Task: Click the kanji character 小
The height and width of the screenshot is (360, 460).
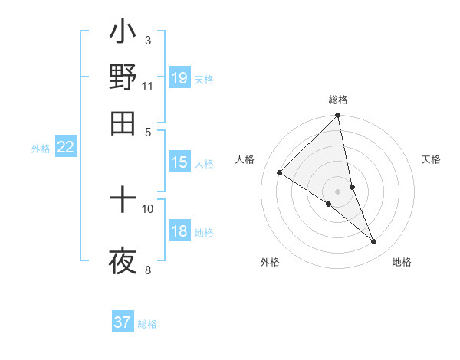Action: (123, 34)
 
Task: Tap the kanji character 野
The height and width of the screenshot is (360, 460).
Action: (123, 77)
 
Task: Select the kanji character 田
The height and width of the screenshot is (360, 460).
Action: (123, 122)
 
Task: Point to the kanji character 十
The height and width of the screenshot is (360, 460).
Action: (123, 201)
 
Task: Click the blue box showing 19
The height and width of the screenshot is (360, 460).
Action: (179, 78)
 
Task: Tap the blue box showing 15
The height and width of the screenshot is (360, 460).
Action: (179, 162)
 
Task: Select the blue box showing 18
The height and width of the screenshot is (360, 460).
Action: (179, 232)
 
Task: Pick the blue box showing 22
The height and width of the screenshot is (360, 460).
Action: (65, 148)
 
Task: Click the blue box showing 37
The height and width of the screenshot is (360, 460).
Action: (123, 322)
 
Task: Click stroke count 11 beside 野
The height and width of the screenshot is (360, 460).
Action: (147, 86)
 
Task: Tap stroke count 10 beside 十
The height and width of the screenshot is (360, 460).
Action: (148, 208)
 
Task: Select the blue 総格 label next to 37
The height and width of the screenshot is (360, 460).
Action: (147, 324)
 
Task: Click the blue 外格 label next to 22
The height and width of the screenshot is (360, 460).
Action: (40, 149)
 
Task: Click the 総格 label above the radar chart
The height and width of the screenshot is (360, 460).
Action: (338, 100)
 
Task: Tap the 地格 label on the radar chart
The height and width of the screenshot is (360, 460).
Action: (402, 263)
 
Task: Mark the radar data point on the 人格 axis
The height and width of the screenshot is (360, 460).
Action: (280, 173)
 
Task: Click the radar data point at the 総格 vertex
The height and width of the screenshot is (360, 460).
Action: (338, 116)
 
